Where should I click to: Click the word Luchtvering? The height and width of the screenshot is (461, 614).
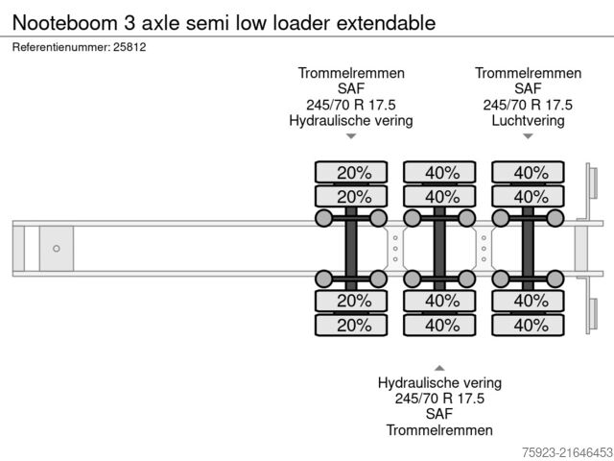coord(528,121)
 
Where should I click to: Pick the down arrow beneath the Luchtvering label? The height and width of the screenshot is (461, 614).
coord(528,136)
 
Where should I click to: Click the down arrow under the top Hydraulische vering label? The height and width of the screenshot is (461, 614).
coord(351,136)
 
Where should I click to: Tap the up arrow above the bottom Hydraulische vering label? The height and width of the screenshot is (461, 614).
coord(439,367)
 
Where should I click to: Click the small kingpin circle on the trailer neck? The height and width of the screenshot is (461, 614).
coord(57,249)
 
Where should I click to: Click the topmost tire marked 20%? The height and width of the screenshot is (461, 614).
coord(353,173)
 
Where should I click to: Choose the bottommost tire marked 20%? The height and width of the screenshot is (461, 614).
coord(353,325)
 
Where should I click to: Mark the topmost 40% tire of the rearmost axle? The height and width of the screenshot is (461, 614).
coord(530,173)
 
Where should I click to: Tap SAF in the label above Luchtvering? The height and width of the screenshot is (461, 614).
coord(528,89)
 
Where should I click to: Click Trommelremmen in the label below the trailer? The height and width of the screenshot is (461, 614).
coord(439,429)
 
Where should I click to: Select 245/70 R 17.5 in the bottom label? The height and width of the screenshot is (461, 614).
coord(439,399)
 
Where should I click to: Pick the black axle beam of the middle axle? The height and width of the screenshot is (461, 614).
coord(440,249)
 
